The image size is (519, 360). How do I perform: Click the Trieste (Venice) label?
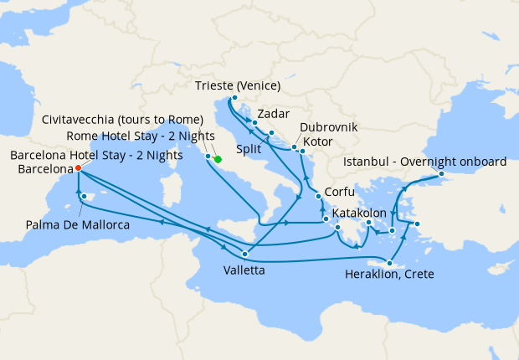pos(237,85)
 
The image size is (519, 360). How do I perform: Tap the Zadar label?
pos(274,113)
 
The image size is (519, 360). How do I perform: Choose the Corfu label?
pos(340,192)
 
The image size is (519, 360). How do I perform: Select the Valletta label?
pos(244,270)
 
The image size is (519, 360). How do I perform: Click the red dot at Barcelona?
pos(78,167)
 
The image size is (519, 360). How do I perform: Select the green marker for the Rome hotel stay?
pos(218,159)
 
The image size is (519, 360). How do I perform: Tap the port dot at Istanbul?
pos(441,174)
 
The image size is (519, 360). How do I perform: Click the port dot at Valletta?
pos(244,255)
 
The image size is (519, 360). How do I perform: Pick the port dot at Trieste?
pos(234,98)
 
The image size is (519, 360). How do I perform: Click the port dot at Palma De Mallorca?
pos(84,197)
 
